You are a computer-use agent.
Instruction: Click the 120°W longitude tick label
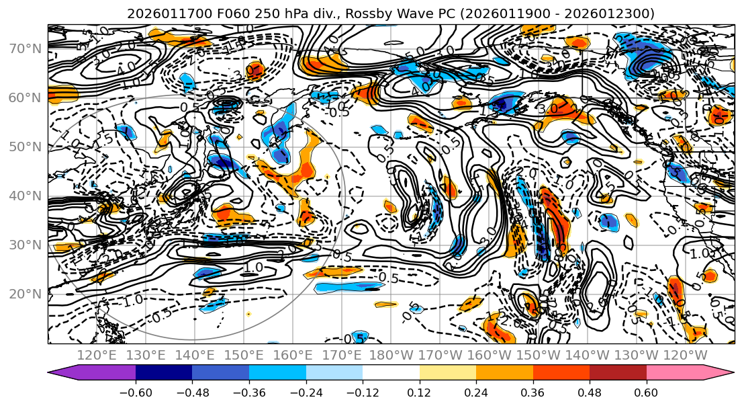(x=685, y=355)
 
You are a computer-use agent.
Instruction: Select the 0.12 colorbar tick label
(x=420, y=393)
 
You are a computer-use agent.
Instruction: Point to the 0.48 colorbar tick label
(x=590, y=393)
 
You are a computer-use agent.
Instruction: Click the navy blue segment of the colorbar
(x=164, y=373)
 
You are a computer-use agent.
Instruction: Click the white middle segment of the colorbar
(x=391, y=373)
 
